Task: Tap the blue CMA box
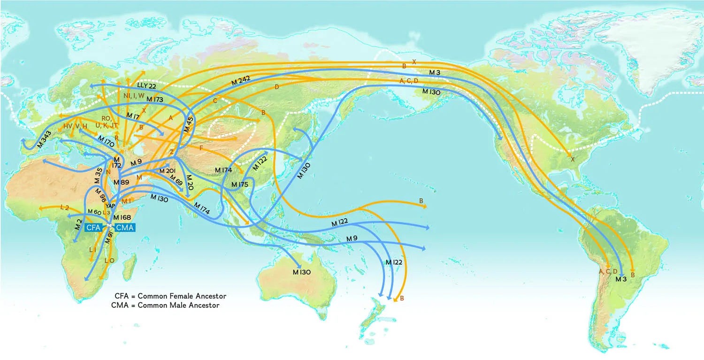(125, 228)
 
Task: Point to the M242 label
(241, 81)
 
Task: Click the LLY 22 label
(147, 86)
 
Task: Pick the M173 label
(155, 100)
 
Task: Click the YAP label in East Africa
(110, 206)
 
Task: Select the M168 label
(122, 217)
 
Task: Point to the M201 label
(168, 170)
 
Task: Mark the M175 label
(239, 184)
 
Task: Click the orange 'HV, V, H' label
(76, 126)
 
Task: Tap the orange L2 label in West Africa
(65, 207)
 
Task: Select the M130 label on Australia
(302, 272)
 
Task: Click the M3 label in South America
(621, 279)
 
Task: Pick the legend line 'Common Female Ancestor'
(171, 296)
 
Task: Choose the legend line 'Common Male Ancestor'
(165, 305)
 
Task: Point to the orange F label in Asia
(201, 148)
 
